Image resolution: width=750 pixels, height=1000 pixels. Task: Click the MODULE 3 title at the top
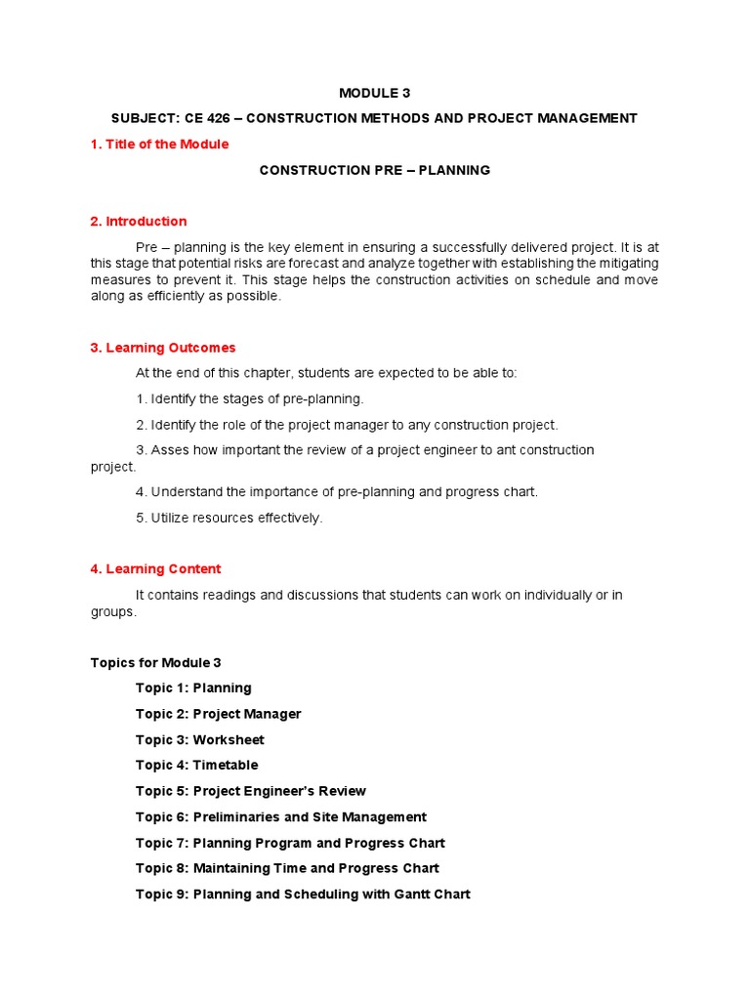[374, 93]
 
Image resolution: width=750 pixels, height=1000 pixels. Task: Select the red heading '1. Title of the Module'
[159, 145]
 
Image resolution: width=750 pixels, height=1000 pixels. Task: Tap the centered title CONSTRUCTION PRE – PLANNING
[374, 170]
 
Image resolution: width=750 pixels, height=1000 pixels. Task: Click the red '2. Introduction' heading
[138, 222]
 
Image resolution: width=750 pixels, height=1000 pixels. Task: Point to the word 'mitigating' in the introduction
[626, 264]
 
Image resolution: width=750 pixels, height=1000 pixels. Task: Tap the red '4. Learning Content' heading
[155, 569]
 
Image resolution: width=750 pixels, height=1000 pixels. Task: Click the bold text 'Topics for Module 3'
[155, 663]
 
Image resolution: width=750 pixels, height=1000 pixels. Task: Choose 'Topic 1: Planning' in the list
[193, 688]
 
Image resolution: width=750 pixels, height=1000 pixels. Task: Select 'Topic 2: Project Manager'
[218, 714]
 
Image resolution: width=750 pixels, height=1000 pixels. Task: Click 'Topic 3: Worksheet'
[199, 740]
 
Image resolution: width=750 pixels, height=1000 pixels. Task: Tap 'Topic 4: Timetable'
[196, 766]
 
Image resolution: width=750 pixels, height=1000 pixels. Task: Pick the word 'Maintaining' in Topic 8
[234, 868]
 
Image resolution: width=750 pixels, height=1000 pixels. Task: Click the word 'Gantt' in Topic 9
[409, 895]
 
